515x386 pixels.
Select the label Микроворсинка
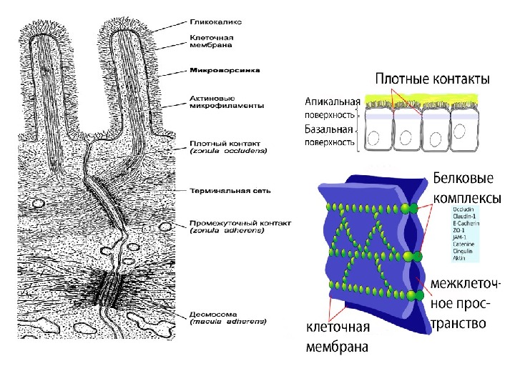[224, 71]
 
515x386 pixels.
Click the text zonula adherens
[228, 231]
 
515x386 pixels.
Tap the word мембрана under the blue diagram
[337, 348]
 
